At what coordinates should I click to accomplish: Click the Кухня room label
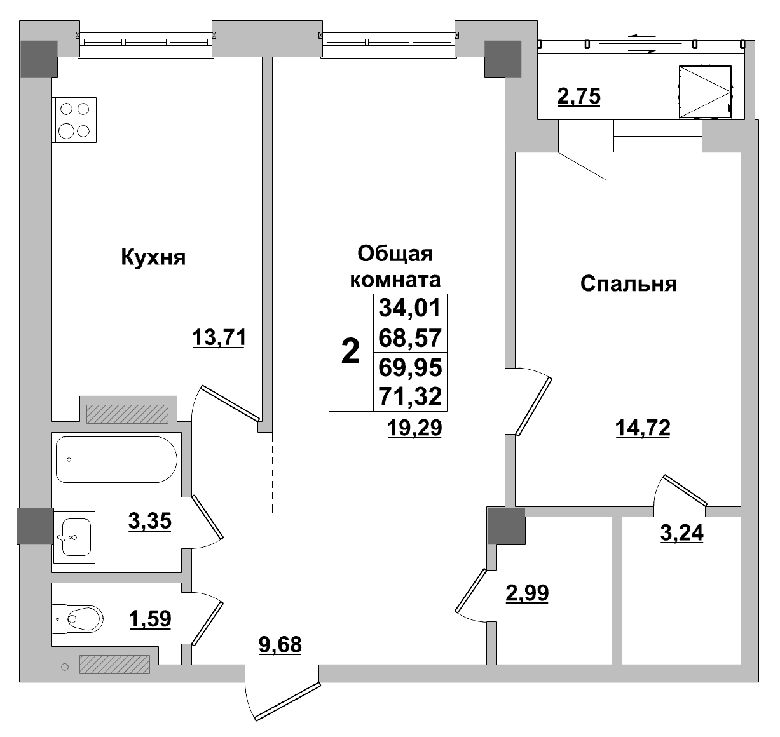click(x=153, y=258)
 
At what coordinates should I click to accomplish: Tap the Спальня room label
click(x=628, y=283)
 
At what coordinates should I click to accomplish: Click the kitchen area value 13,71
click(x=219, y=337)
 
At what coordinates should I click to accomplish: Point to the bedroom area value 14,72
click(x=643, y=429)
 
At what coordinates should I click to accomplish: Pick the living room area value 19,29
click(x=414, y=429)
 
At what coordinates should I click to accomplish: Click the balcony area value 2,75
click(x=578, y=97)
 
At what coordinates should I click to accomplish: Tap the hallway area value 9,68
click(x=280, y=646)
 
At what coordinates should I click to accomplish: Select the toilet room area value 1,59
click(x=150, y=618)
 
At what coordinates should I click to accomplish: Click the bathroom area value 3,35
click(x=150, y=522)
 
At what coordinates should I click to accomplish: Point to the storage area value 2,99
click(x=526, y=593)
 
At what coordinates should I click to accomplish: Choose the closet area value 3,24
click(x=682, y=533)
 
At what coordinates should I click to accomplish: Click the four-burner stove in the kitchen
click(x=74, y=120)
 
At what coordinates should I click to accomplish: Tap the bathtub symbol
click(x=116, y=459)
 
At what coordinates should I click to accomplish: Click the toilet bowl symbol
click(x=81, y=616)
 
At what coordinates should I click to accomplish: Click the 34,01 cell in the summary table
click(x=410, y=308)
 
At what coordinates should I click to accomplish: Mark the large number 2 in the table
click(x=350, y=352)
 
